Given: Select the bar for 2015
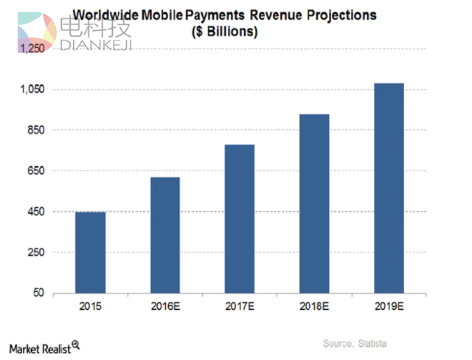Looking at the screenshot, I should coord(90,252).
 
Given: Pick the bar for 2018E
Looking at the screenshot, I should coord(313,204).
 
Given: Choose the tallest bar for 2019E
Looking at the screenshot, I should coord(389,188).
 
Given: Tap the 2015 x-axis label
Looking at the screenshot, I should coord(90,306).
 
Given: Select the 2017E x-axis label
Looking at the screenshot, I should coord(239,306).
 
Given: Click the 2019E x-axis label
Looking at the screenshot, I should coord(389,306).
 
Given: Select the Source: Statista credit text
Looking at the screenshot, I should coord(354,344).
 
